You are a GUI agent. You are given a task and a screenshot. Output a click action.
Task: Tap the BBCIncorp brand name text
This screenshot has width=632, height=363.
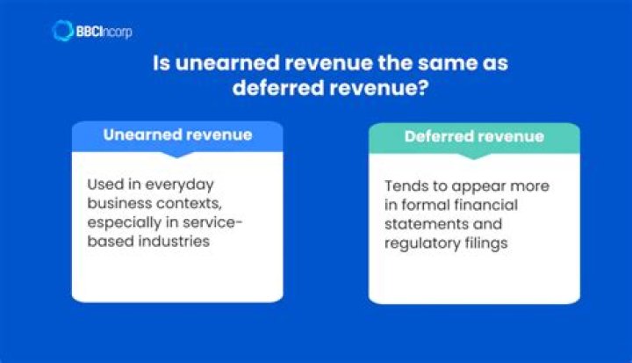104,32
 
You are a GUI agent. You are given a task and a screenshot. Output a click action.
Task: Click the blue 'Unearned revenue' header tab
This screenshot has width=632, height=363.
177,135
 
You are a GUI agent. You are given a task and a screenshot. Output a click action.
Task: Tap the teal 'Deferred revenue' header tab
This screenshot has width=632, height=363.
474,137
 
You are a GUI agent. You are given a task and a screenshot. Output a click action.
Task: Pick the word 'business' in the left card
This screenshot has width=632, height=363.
115,203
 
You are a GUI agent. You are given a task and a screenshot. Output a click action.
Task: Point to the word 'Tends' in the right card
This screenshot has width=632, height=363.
405,186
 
